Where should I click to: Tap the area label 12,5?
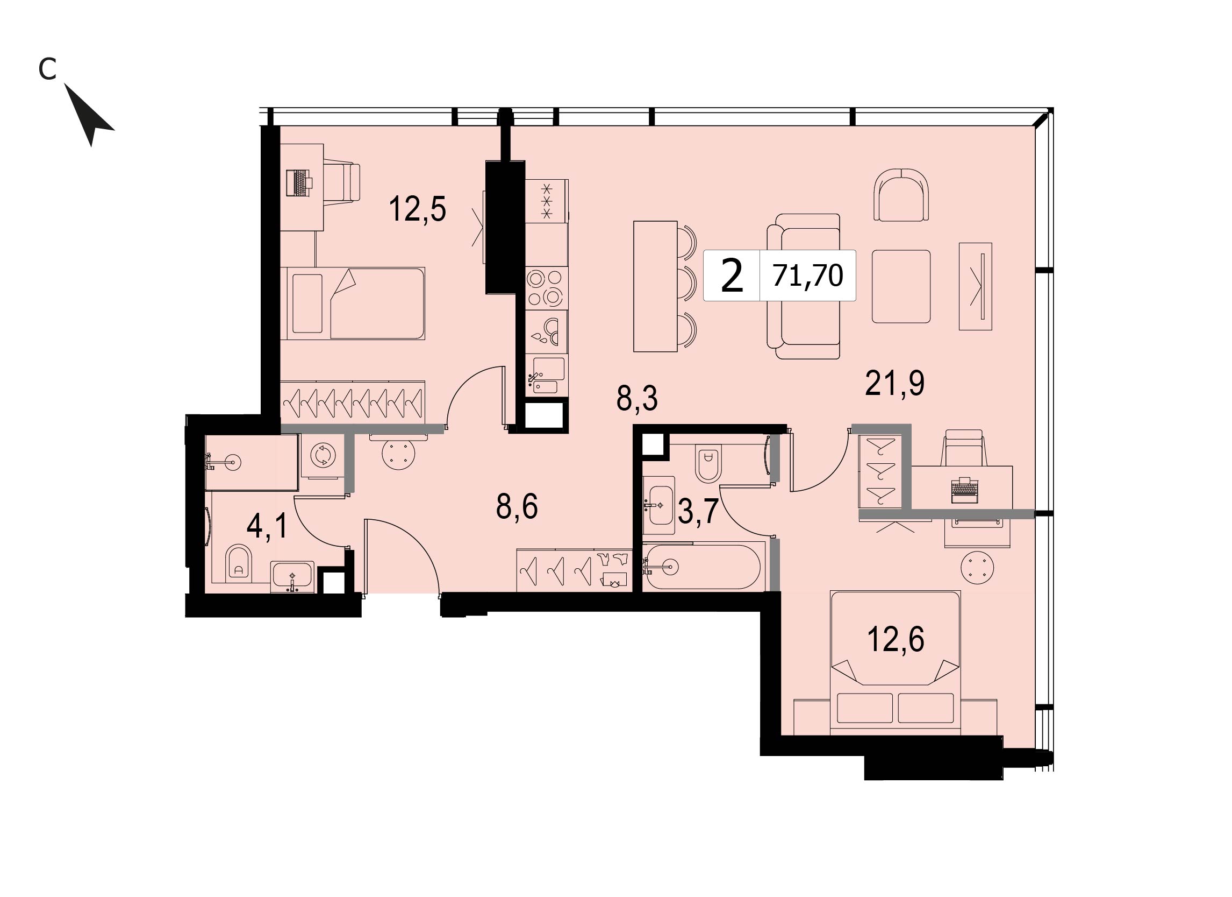tap(417, 209)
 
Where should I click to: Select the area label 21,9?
tap(894, 384)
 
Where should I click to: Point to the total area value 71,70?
tap(808, 275)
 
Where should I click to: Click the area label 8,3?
tap(637, 400)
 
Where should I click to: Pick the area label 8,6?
tap(517, 507)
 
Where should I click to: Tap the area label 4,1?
tap(267, 526)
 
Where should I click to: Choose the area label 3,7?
tap(699, 512)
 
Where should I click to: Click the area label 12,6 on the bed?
tap(896, 639)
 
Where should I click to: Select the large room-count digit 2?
tap(732, 276)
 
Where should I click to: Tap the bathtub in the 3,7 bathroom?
tap(704, 567)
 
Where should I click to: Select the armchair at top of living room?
tap(901, 194)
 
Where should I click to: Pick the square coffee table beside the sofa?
tap(901, 286)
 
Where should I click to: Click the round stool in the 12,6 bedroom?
tap(977, 568)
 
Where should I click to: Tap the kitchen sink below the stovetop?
tap(548, 375)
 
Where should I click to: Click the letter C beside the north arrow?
tap(48, 69)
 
